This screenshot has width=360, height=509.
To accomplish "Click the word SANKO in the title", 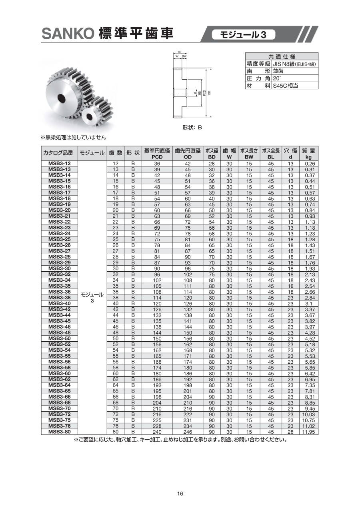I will click(67, 34).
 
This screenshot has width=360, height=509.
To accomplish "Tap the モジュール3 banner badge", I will click(244, 35).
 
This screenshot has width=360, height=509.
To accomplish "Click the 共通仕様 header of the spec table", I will click(282, 57).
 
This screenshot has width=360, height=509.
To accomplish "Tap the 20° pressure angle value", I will click(278, 78).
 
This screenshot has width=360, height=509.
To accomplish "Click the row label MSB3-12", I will click(59, 164).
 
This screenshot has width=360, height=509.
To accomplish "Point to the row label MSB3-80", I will click(59, 432).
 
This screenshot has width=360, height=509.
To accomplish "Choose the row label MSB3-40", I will click(59, 303).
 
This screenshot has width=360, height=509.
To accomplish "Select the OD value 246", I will click(188, 432).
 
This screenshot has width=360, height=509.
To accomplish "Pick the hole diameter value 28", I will click(290, 432).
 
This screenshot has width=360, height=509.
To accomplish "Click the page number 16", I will click(180, 494).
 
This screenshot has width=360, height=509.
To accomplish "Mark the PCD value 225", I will click(157, 420).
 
